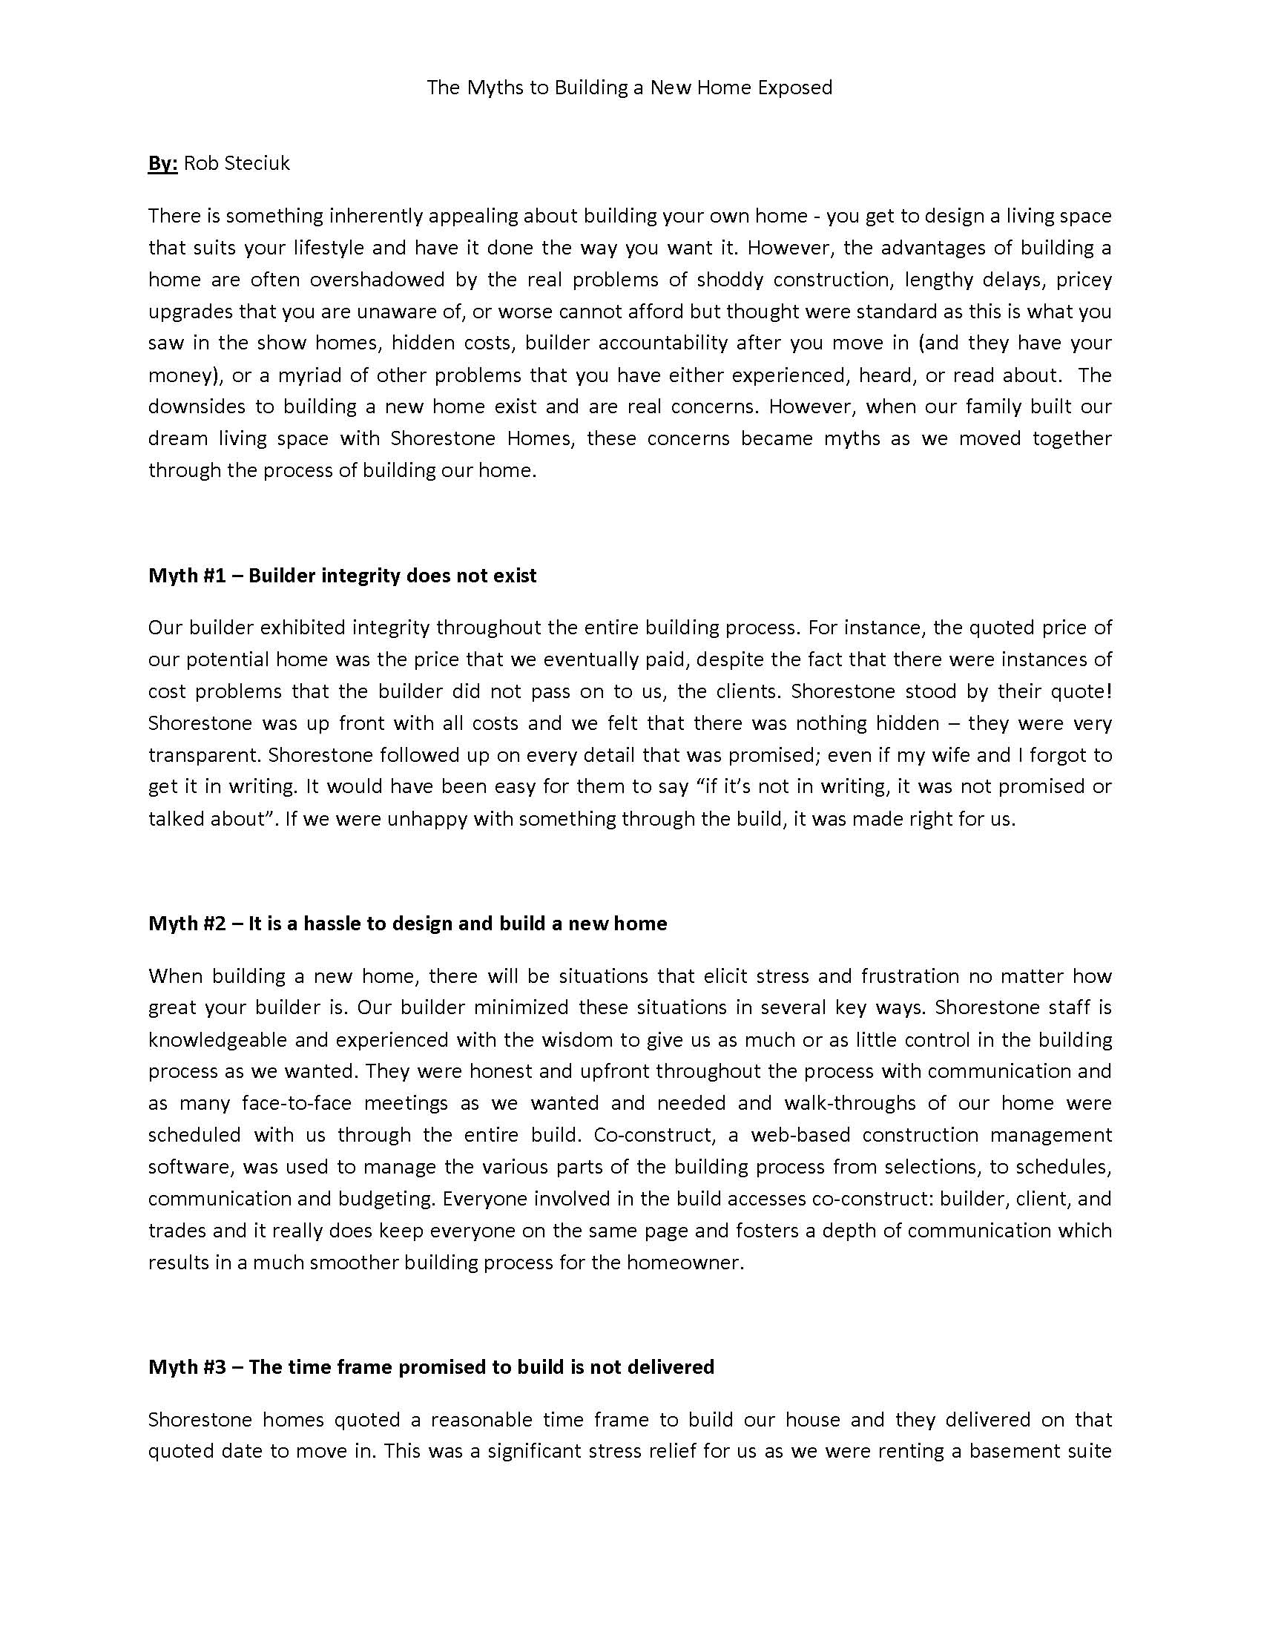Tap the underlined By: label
pyautogui.click(x=162, y=164)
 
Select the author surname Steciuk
pyautogui.click(x=257, y=164)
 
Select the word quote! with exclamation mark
pyautogui.click(x=1082, y=692)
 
